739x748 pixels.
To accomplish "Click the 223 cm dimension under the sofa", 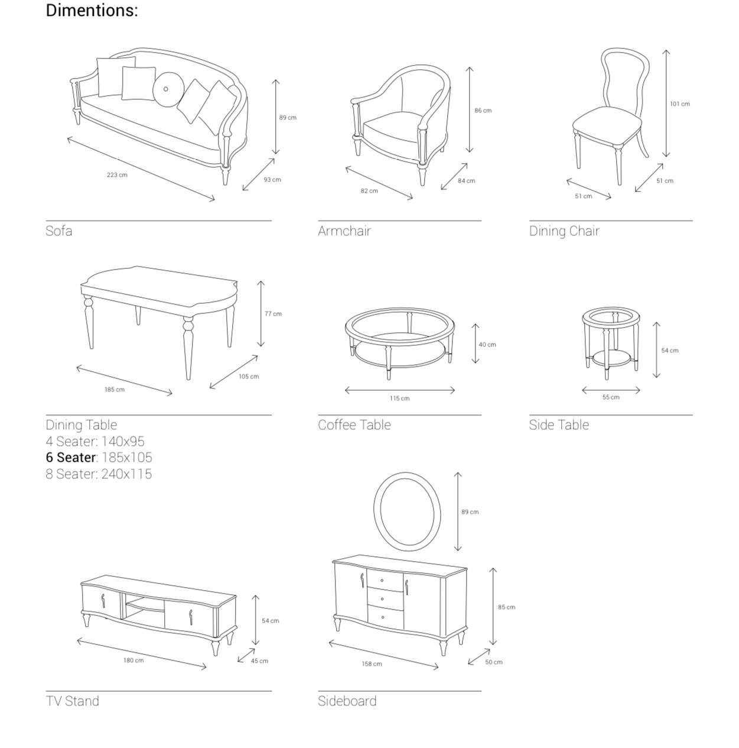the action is (117, 174).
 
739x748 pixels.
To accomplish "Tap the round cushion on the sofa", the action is (168, 89).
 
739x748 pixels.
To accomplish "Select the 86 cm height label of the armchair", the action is (483, 110).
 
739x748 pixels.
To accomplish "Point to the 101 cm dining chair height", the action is (680, 103).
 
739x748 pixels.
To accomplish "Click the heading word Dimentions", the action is (92, 10).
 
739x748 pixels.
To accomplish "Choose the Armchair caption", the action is (344, 231).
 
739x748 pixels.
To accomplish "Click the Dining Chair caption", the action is (564, 231).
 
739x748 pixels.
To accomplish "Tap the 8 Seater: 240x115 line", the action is (99, 474).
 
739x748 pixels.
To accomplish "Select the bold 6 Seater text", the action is (70, 457).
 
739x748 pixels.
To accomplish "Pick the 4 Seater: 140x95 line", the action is (95, 441).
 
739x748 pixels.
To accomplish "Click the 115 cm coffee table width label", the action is (399, 398).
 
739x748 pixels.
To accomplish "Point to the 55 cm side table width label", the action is (611, 397).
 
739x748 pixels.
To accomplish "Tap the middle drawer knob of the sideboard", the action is (382, 598).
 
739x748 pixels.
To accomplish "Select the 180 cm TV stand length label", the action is (134, 660).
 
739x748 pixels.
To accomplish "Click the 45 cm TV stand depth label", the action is (259, 660).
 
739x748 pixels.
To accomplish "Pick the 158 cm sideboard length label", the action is (372, 663).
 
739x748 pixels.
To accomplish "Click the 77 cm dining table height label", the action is (273, 313).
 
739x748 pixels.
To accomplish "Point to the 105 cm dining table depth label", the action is (249, 376).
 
